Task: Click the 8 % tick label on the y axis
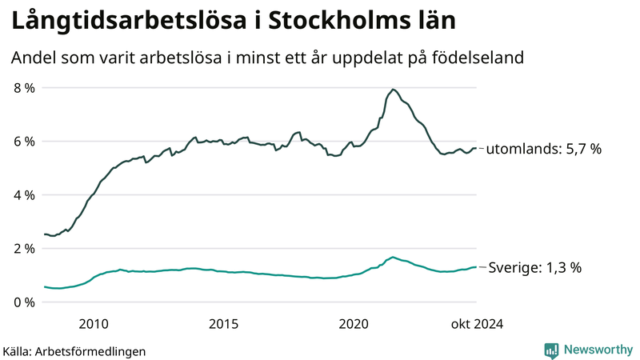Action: (22, 88)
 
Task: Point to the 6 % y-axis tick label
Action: (22, 142)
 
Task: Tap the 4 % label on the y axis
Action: (22, 195)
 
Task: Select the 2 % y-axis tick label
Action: (22, 249)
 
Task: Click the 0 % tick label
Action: (22, 302)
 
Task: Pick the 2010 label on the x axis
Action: (94, 323)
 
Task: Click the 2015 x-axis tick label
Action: (223, 323)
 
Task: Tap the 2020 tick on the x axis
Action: (354, 323)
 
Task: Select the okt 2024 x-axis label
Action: (477, 323)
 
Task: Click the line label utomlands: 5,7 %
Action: (543, 149)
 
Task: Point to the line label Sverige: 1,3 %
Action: (534, 267)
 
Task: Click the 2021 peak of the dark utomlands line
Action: (393, 90)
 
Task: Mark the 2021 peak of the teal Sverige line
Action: (393, 258)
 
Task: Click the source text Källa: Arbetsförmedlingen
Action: (74, 350)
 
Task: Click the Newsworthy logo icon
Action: (552, 350)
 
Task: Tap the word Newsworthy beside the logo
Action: (598, 350)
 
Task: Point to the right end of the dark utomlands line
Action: (476, 148)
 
